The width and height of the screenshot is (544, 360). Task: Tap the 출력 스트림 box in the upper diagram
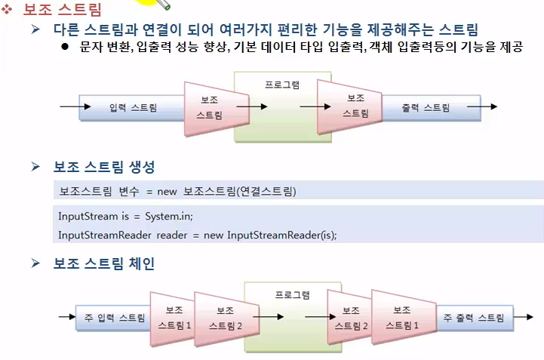click(426, 108)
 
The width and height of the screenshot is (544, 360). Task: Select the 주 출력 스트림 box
click(473, 318)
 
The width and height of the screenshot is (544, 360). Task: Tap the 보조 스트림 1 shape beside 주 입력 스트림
click(174, 318)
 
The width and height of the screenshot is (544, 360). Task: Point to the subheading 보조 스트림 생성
click(104, 167)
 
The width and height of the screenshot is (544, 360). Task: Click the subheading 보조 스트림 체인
click(104, 263)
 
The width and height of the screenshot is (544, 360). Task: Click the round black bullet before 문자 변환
click(65, 48)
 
